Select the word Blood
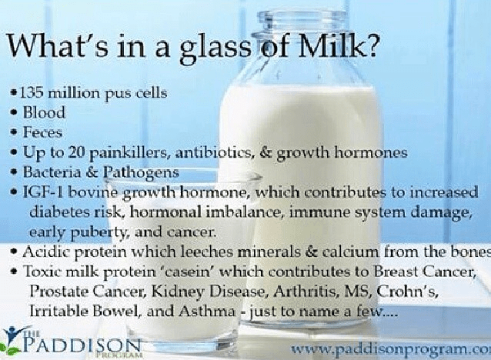point(49,114)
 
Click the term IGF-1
point(44,192)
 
